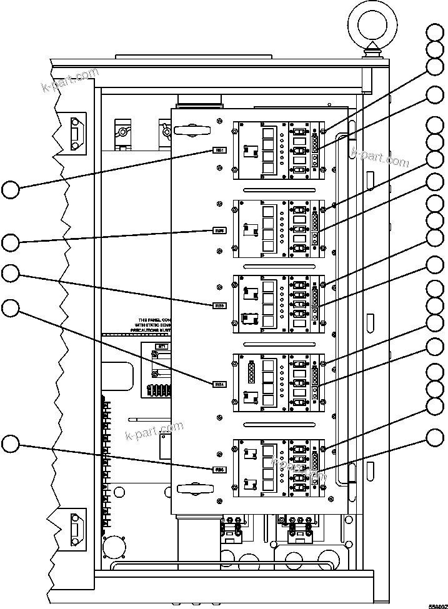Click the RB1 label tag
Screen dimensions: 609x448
click(219, 151)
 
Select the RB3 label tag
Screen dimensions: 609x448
click(219, 305)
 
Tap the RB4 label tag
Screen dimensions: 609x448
click(219, 384)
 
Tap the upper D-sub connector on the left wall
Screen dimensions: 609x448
click(76, 134)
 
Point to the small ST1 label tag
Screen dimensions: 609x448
click(162, 345)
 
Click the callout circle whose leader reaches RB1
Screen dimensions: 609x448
click(11, 189)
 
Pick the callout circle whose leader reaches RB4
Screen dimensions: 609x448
click(11, 308)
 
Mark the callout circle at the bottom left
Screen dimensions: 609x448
click(11, 444)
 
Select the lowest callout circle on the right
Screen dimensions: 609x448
click(436, 438)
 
